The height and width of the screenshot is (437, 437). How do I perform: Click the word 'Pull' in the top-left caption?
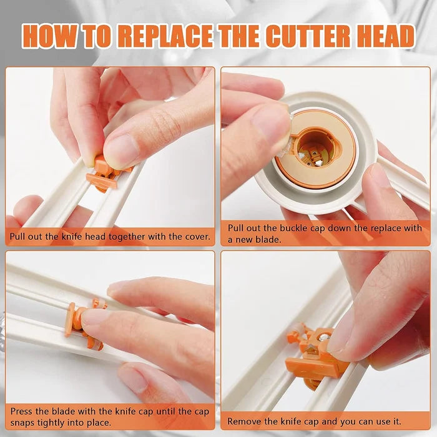[19, 237]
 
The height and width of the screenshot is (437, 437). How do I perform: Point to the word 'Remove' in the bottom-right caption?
[245, 421]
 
